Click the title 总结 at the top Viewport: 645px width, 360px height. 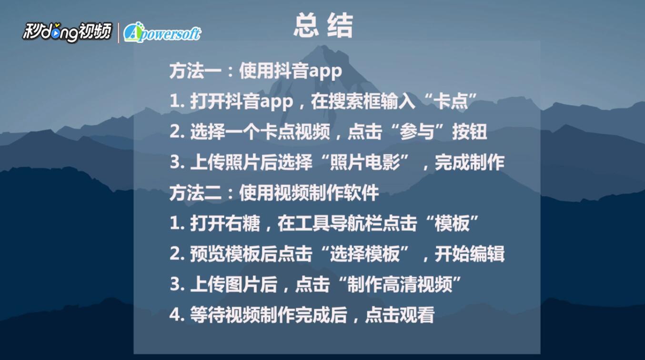click(323, 26)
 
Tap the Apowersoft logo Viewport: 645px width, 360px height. click(162, 32)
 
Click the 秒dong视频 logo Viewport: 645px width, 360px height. click(67, 32)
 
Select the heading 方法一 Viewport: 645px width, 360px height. click(195, 71)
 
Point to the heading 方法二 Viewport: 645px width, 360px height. click(195, 193)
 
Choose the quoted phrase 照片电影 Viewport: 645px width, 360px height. click(365, 162)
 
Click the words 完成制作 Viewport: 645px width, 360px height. click(470, 162)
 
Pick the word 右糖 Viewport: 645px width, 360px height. click(242, 224)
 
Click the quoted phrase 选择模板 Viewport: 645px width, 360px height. click(365, 254)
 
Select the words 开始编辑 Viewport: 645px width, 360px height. click(470, 254)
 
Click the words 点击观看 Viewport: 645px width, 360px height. click(400, 315)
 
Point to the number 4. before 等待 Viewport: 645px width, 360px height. click(177, 315)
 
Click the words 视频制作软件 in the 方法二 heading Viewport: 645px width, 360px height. click(326, 193)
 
